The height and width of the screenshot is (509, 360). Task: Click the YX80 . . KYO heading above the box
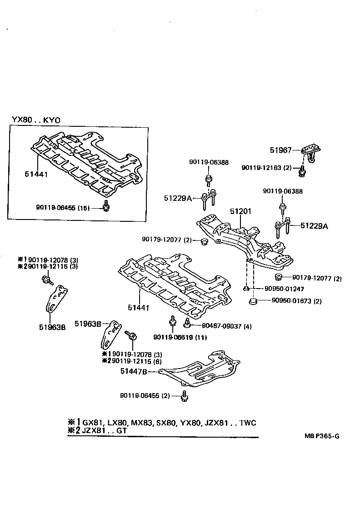[36, 120]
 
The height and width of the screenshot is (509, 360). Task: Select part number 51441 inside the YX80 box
[37, 174]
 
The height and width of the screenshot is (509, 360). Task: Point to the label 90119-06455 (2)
[145, 395]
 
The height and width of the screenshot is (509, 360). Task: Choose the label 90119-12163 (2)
[266, 168]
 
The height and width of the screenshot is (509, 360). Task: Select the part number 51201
[240, 212]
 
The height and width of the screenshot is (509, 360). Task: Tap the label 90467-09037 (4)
[220, 326]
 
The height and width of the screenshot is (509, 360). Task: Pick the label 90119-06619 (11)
[174, 337]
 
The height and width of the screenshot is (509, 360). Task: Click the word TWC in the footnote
[247, 423]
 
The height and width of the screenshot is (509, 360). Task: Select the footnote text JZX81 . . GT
[105, 430]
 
